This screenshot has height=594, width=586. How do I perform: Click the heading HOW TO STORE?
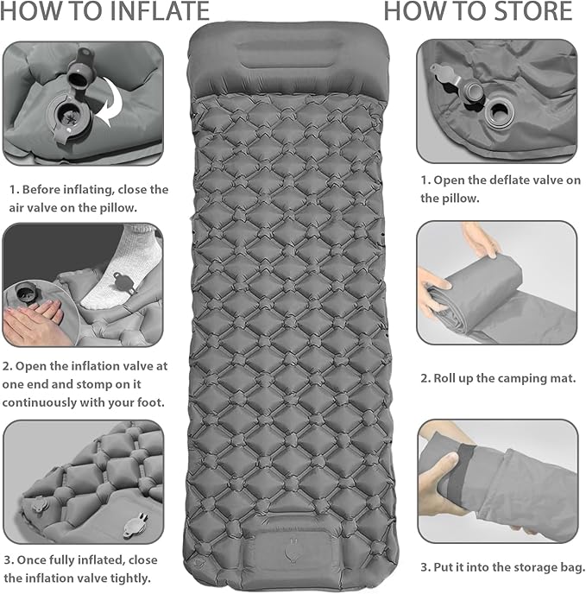477,12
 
